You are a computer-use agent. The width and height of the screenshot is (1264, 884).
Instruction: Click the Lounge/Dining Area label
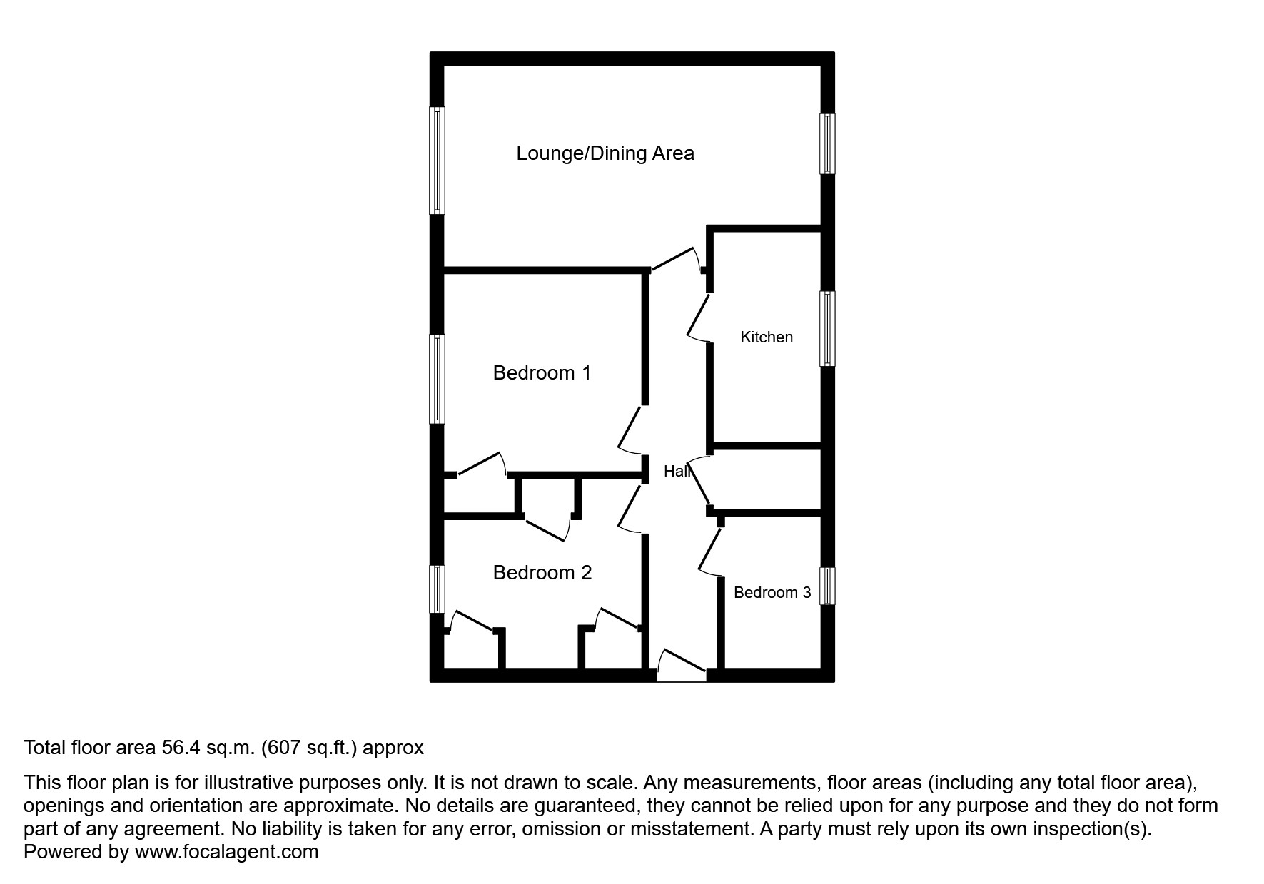click(605, 153)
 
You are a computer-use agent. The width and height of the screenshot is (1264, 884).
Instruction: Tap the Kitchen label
click(767, 337)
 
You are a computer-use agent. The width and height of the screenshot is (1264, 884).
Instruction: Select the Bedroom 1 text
click(542, 373)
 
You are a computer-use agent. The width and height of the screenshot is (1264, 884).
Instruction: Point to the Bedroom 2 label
click(542, 573)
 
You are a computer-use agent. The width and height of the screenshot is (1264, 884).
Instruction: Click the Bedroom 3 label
click(772, 593)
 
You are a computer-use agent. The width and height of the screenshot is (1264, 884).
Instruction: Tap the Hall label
click(677, 472)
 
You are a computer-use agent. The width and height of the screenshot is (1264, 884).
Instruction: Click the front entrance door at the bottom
click(682, 664)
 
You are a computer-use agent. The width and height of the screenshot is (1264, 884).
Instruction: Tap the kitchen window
click(827, 329)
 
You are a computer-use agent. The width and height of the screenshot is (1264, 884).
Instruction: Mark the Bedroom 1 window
click(437, 379)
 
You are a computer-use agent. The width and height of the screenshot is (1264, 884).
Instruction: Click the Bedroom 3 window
click(827, 586)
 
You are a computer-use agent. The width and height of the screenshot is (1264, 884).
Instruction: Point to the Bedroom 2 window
click(437, 589)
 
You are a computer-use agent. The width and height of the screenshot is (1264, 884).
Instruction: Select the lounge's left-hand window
click(437, 161)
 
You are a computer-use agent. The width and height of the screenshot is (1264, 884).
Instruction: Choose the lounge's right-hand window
click(827, 143)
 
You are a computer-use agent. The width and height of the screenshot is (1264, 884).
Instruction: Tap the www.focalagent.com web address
click(226, 852)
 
